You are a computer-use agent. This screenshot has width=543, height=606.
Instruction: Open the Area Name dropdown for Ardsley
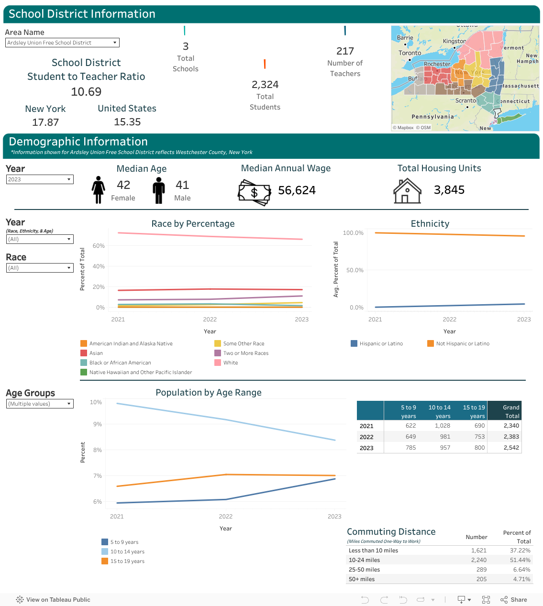[x=62, y=43]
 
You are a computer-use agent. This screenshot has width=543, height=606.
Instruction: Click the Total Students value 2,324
[x=265, y=85]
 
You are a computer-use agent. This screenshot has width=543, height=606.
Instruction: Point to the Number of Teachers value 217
[x=345, y=51]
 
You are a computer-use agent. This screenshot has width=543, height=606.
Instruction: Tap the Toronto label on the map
[x=410, y=53]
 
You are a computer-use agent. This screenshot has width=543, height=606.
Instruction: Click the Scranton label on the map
[x=466, y=100]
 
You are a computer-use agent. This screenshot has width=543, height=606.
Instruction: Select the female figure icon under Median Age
[x=99, y=190]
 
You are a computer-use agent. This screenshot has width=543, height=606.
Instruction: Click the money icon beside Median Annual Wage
[x=254, y=192]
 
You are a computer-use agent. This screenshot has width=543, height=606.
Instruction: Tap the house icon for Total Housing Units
[x=407, y=191]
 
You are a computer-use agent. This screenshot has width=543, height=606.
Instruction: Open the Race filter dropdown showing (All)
[x=40, y=268]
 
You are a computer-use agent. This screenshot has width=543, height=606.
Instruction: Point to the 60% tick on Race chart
[x=99, y=246]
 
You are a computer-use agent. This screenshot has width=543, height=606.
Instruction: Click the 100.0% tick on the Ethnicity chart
[x=353, y=233]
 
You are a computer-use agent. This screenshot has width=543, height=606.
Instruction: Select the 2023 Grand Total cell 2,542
[x=511, y=448]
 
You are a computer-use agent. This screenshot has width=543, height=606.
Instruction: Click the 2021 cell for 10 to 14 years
[x=442, y=426]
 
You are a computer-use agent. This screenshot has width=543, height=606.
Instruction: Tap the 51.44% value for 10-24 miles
[x=520, y=560]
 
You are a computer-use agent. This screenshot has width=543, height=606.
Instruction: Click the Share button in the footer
[x=514, y=600]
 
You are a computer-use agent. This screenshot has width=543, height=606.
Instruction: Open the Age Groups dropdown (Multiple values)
[x=40, y=404]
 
